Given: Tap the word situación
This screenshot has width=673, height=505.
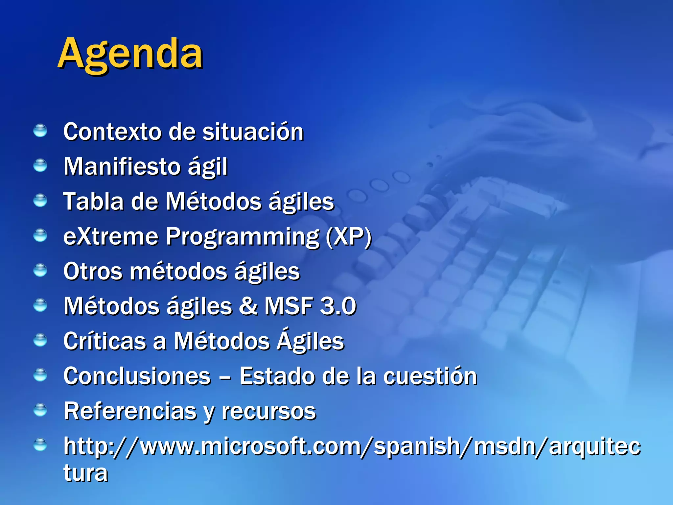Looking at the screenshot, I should pyautogui.click(x=253, y=132).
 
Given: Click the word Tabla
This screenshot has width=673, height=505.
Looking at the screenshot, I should pyautogui.click(x=93, y=202).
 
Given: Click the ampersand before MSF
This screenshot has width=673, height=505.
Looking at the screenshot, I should pyautogui.click(x=248, y=306).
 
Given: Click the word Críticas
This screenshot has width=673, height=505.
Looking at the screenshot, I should pyautogui.click(x=104, y=341).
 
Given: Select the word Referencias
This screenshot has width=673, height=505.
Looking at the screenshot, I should pyautogui.click(x=130, y=411).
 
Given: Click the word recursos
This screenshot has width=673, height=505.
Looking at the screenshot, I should pyautogui.click(x=269, y=412).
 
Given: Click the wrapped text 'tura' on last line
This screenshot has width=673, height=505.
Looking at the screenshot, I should pyautogui.click(x=85, y=473).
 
